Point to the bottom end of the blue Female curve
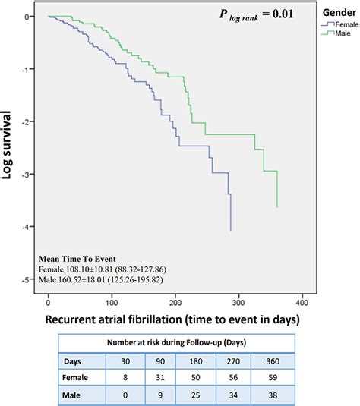coord(230,230)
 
